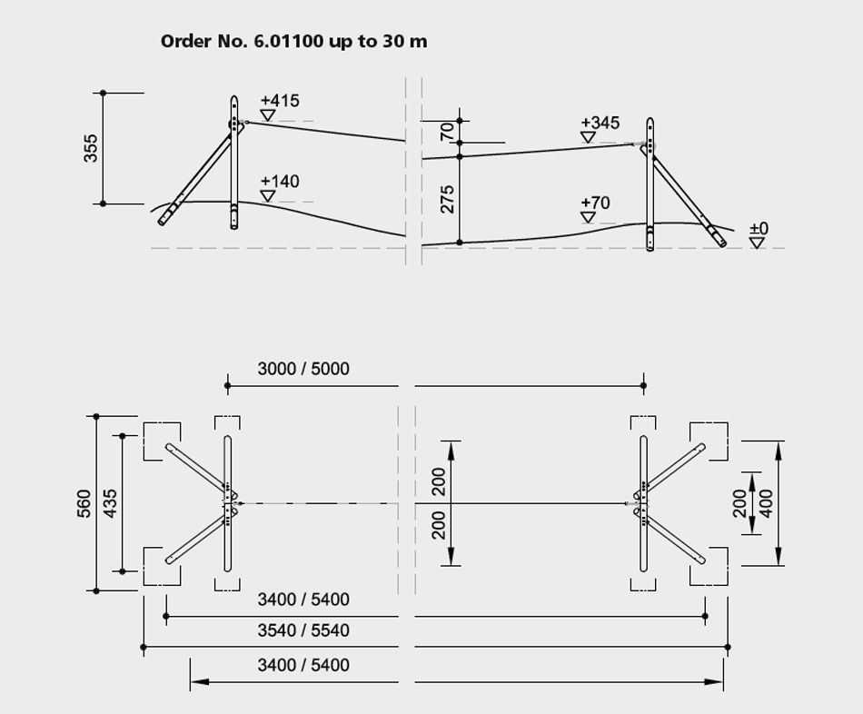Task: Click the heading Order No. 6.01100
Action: pyautogui.click(x=242, y=41)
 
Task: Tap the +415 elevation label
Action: pyautogui.click(x=280, y=101)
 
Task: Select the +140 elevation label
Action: pyautogui.click(x=280, y=181)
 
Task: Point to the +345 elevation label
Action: pyautogui.click(x=600, y=123)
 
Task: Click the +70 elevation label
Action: pyautogui.click(x=596, y=203)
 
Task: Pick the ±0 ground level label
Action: pyautogui.click(x=759, y=228)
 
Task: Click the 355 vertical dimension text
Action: pyautogui.click(x=90, y=148)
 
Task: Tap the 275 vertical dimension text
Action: pyautogui.click(x=447, y=199)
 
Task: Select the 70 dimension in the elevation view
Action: pyautogui.click(x=447, y=132)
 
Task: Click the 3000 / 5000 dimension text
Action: pyautogui.click(x=303, y=368)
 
